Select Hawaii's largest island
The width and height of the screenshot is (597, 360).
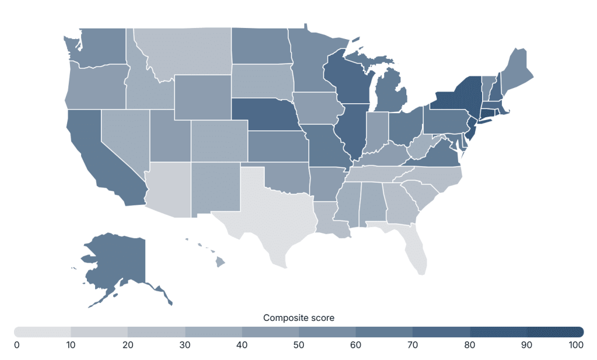pyautogui.click(x=220, y=262)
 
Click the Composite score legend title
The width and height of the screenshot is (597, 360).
pyautogui.click(x=298, y=318)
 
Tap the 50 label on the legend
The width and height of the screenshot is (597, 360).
pyautogui.click(x=298, y=345)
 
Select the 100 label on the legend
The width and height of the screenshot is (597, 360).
pyautogui.click(x=576, y=345)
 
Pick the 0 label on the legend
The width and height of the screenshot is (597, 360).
pyautogui.click(x=17, y=345)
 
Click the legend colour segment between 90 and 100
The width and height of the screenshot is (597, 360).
pyautogui.click(x=555, y=331)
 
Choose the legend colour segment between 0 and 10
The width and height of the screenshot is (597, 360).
pyautogui.click(x=43, y=331)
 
